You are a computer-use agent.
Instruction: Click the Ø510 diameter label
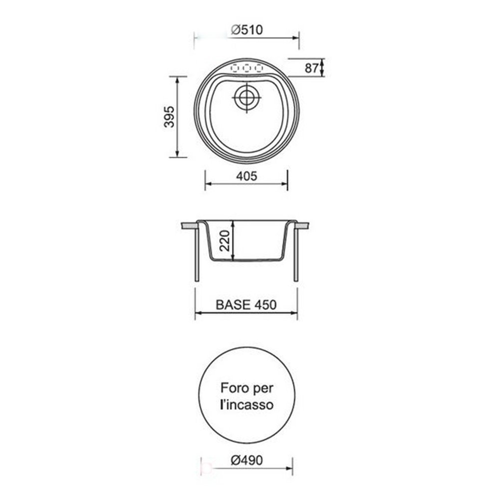tap(247, 30)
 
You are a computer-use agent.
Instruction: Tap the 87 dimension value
tap(311, 68)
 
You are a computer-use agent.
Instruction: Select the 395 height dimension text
tap(169, 117)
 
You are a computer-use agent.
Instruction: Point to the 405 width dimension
tap(247, 176)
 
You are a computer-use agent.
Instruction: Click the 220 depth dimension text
tap(225, 241)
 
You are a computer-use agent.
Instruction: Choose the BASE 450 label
tap(246, 304)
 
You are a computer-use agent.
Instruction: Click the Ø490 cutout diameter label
tap(247, 460)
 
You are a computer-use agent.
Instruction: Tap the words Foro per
tap(247, 388)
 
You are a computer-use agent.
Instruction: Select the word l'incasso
tap(247, 405)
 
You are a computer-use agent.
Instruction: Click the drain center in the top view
tap(247, 97)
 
